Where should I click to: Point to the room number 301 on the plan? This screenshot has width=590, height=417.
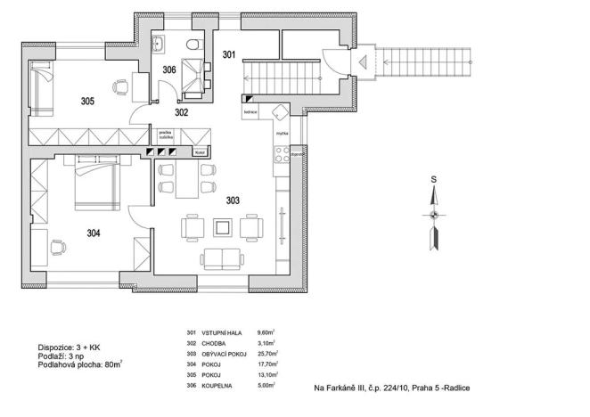(228, 55)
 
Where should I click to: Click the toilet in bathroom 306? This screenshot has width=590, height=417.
(193, 45)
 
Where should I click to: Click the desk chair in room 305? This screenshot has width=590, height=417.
(119, 87)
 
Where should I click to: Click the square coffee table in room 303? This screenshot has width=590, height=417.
(222, 228)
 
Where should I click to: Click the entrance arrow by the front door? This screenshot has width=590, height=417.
(365, 61)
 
